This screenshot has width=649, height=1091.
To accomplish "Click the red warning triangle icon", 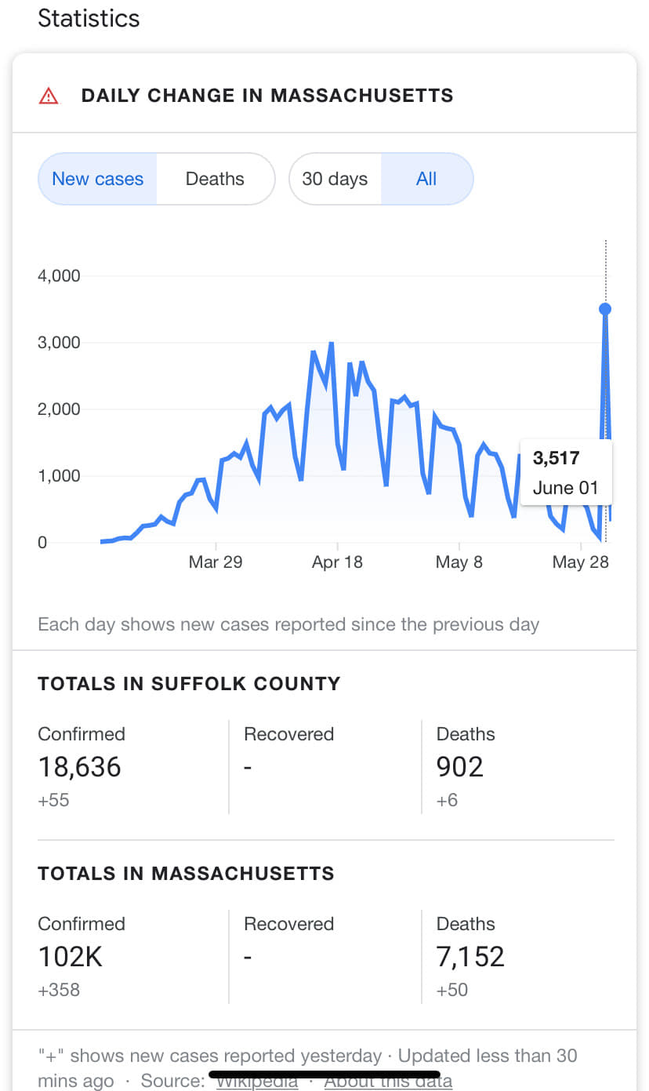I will point(49,96).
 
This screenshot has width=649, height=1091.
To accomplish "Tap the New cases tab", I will point(98,179).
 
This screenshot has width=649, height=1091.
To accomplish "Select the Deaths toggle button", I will point(215,179).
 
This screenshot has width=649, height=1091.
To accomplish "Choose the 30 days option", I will point(335,179).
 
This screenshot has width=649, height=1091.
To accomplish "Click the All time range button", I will point(426,179).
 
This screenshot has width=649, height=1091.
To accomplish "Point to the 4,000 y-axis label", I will point(59,276).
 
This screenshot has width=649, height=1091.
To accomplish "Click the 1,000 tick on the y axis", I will point(59,476).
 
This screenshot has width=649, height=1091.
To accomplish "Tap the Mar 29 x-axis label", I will point(216,562).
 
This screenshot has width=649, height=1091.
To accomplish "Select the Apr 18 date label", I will point(337,562).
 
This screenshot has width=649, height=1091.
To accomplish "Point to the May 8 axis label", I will point(459,562).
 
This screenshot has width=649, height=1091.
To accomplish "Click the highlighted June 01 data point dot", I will point(605,309).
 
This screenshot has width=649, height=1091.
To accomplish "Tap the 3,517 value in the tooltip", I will point(556,458).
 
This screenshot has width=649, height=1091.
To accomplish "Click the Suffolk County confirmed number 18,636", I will point(80,766).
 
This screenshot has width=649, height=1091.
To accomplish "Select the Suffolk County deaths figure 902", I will point(460,766).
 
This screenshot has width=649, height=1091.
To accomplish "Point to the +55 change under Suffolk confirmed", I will point(53,800).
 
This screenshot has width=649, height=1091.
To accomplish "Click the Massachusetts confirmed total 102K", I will point(71,956).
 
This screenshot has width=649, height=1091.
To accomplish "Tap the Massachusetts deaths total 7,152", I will point(470,956).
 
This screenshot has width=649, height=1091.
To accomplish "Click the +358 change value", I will point(59,990).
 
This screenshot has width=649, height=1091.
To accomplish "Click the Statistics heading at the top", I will point(89,18).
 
